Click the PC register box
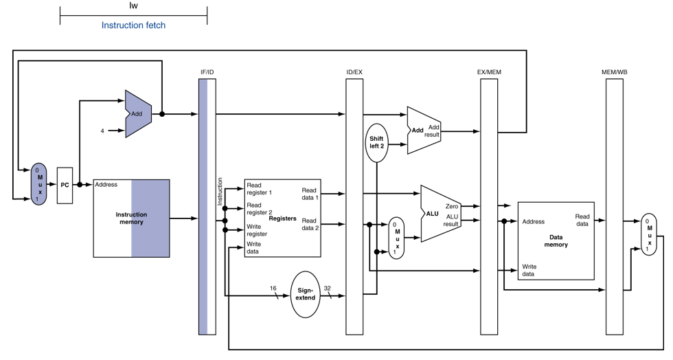click(x=65, y=185)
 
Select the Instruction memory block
click(x=131, y=218)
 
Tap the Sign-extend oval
click(x=305, y=294)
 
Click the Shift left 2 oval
click(x=376, y=143)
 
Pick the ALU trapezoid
click(x=441, y=214)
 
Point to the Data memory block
click(x=556, y=240)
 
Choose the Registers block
click(x=282, y=218)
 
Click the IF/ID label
click(x=207, y=72)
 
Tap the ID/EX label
click(x=354, y=72)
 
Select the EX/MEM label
click(x=489, y=72)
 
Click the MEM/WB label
click(x=614, y=72)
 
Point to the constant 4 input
click(x=102, y=131)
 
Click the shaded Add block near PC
click(x=138, y=114)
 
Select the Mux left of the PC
click(x=38, y=184)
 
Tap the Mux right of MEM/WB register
click(x=648, y=234)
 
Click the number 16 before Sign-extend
click(x=273, y=289)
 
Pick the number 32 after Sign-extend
click(x=328, y=289)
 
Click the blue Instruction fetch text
click(x=133, y=25)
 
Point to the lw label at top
click(x=133, y=5)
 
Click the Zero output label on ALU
click(x=452, y=207)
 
